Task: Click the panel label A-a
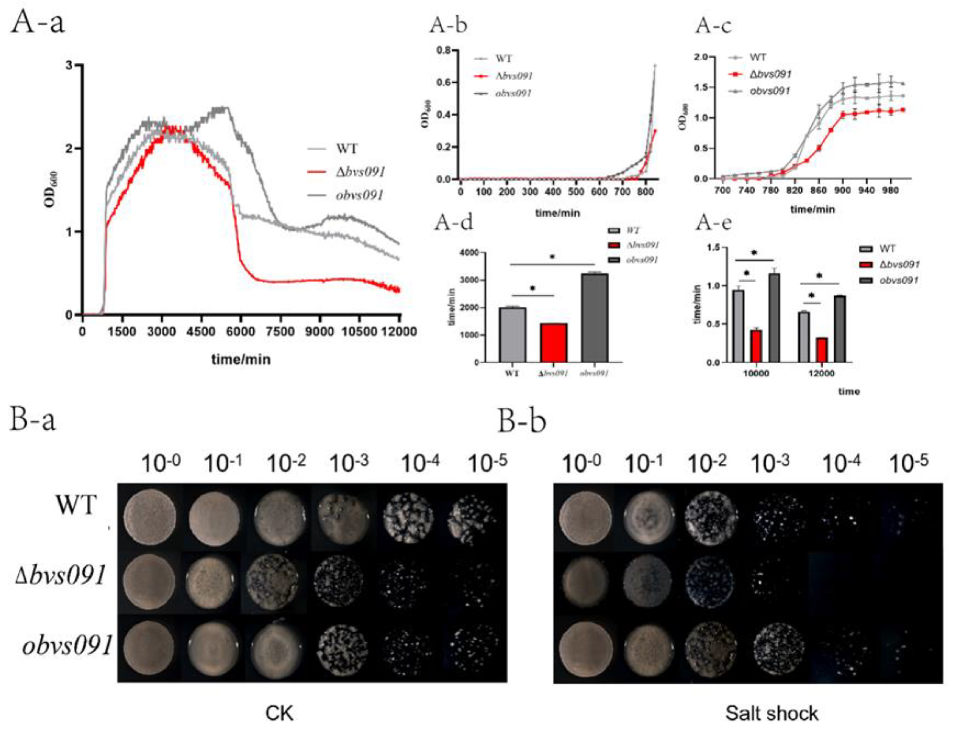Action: [x=38, y=23]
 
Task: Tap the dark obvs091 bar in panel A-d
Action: [x=594, y=318]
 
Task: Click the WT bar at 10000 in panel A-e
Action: [x=738, y=326]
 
